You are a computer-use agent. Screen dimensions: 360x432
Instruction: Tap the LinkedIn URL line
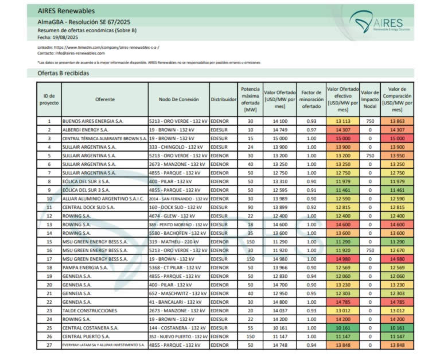tap(98, 47)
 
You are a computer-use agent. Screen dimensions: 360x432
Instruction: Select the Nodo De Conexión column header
tap(178, 99)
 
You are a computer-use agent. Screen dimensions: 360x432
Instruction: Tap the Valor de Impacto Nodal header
tap(370, 99)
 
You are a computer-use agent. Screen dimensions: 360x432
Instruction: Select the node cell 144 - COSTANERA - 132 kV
tap(178, 328)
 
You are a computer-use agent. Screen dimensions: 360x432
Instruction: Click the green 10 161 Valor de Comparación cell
tap(397, 328)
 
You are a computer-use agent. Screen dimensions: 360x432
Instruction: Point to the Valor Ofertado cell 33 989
tap(280, 198)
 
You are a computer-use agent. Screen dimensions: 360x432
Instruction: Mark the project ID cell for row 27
tap(49, 345)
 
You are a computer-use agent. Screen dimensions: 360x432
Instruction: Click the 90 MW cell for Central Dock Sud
tap(250, 207)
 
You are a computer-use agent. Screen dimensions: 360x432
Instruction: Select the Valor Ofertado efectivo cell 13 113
tap(343, 122)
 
